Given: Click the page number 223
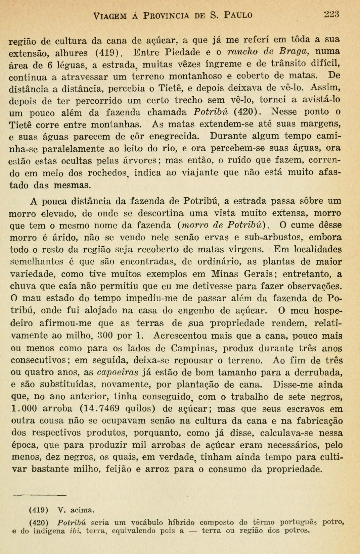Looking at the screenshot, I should [x=331, y=14].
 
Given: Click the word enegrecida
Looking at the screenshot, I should [x=174, y=137].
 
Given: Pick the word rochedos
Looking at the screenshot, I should [x=108, y=173].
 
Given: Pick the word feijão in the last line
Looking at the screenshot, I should [x=119, y=469].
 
